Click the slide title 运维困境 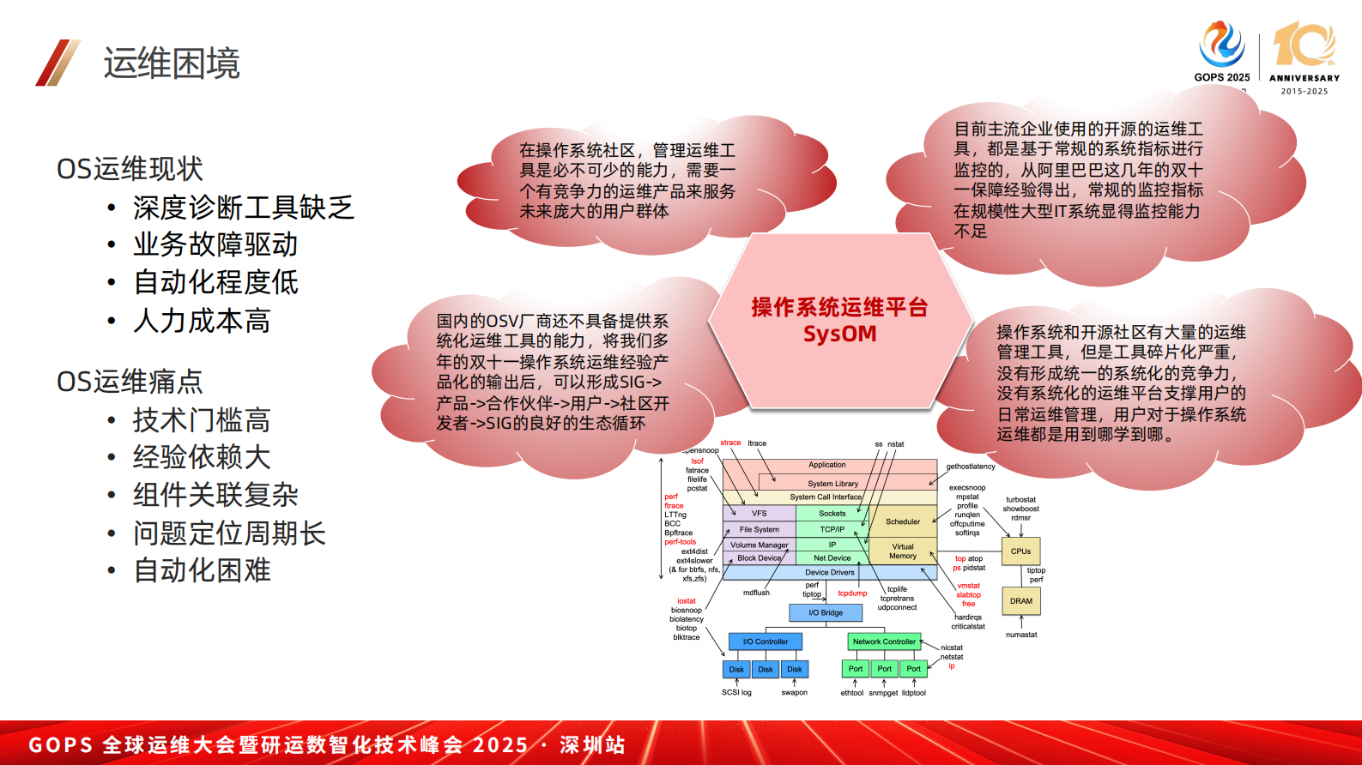[x=172, y=63]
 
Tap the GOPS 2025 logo [x=1222, y=51]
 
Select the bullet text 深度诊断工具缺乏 [x=243, y=208]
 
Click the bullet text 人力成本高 [x=202, y=321]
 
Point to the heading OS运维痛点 [x=130, y=382]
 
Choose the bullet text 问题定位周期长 [x=229, y=533]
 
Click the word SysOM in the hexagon [x=839, y=334]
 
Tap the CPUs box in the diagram [x=1020, y=551]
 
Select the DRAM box [x=1020, y=601]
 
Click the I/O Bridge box [x=826, y=612]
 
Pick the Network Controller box [x=884, y=642]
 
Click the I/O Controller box [x=766, y=642]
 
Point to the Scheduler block [x=903, y=521]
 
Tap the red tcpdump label [x=852, y=593]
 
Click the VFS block [x=760, y=514]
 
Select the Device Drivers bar [x=830, y=572]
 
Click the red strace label [x=730, y=443]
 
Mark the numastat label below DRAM [x=1021, y=635]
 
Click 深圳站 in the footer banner [x=592, y=744]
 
